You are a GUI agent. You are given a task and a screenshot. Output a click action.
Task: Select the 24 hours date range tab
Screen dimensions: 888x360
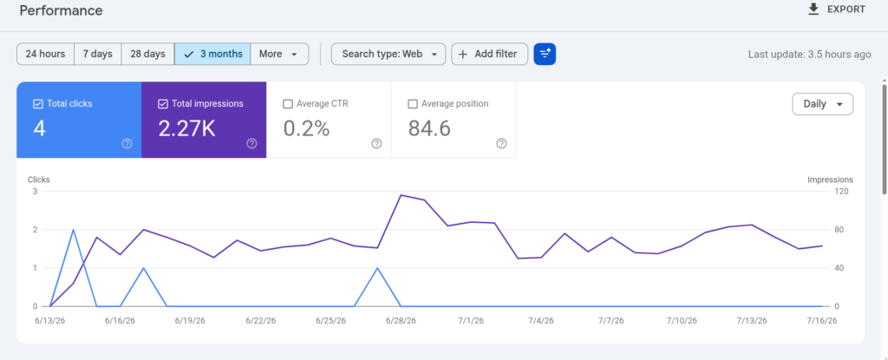click(45, 54)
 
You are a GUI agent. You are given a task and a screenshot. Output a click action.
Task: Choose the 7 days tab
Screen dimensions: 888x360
click(97, 54)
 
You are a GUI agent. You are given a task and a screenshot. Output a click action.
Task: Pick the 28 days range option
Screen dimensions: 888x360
click(147, 54)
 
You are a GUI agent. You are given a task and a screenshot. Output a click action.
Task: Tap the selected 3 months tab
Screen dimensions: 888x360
click(212, 54)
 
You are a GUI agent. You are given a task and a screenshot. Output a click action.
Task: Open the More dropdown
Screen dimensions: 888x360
click(279, 54)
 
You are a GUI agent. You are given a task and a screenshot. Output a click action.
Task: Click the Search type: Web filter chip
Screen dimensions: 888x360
click(388, 54)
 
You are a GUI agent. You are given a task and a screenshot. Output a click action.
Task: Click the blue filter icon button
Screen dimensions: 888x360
click(545, 54)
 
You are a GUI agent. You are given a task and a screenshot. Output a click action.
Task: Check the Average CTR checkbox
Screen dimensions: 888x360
click(288, 104)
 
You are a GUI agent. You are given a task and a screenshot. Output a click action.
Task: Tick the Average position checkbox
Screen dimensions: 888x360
click(413, 104)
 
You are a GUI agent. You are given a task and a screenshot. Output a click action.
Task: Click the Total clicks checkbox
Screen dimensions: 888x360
click(38, 104)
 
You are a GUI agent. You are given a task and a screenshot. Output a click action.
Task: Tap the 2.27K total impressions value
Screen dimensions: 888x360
click(187, 129)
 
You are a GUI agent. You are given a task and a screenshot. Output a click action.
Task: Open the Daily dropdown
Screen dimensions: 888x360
click(822, 104)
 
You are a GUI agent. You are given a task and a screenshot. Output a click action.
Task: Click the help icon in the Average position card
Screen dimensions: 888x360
click(501, 143)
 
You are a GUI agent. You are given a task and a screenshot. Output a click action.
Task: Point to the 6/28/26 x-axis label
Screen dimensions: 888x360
click(401, 320)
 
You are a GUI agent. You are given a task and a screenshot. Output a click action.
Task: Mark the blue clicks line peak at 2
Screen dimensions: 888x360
click(74, 230)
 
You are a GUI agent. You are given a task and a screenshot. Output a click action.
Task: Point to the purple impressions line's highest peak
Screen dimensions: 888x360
click(401, 195)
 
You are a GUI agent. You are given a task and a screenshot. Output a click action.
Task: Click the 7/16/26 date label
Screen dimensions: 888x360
click(821, 320)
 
